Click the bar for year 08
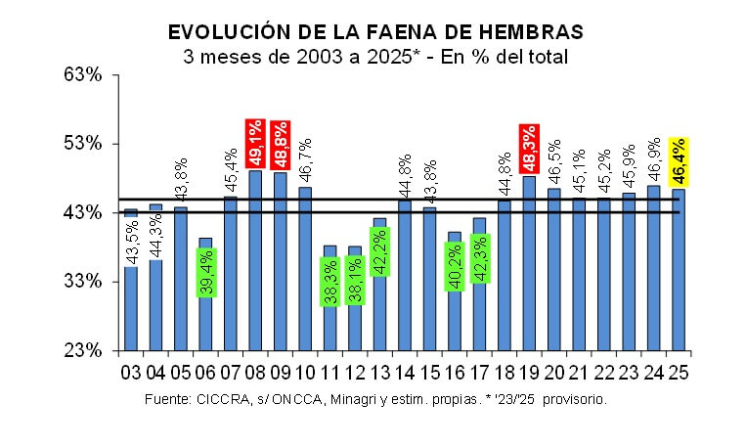click(255, 260)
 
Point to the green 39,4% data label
click(205, 272)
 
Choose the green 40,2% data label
click(455, 267)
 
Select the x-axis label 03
click(130, 372)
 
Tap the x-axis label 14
click(405, 372)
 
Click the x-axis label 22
click(604, 372)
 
